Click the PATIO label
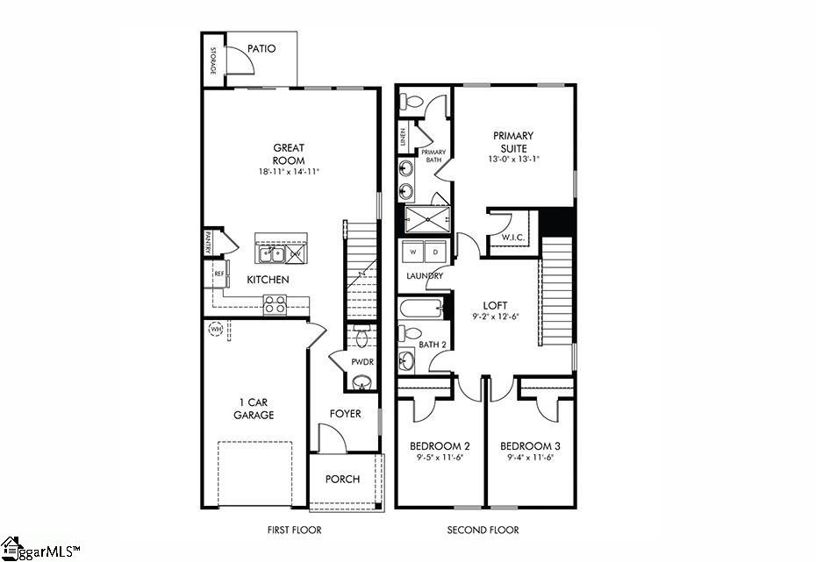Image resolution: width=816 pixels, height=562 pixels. point(261,49)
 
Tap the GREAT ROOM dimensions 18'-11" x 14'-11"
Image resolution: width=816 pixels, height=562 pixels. point(289,172)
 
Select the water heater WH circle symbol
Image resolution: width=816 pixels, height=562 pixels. point(216,331)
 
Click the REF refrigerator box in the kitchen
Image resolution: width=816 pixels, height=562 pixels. point(218,274)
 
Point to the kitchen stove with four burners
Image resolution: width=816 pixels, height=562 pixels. point(276,304)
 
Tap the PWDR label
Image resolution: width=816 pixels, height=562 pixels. point(362,360)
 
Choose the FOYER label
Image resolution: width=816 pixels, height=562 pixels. point(345,414)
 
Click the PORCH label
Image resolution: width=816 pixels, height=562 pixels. point(342,479)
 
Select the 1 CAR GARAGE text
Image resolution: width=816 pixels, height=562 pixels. point(254,409)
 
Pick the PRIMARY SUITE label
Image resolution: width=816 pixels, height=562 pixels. point(513,141)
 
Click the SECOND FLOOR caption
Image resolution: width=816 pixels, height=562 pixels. point(483,530)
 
